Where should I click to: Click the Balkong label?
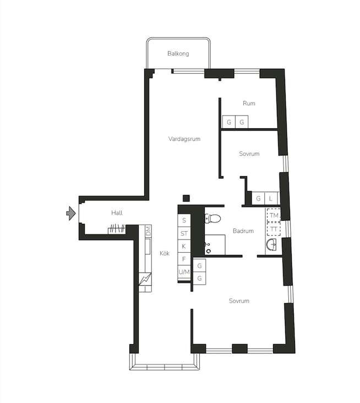point(178,53)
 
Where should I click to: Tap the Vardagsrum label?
point(184,139)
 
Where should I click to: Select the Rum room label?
point(249,104)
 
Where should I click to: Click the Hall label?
point(117,213)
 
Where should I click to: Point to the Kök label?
point(165,253)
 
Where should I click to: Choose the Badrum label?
point(243,231)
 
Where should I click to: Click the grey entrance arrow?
point(71,213)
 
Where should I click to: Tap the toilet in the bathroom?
point(213,219)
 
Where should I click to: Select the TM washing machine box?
point(274,215)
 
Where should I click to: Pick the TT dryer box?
point(274,228)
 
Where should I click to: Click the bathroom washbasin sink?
point(271,244)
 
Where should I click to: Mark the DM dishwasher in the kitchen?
point(148,231)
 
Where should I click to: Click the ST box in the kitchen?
point(184,233)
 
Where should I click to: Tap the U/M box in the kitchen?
point(184,272)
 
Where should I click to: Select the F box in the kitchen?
point(184,259)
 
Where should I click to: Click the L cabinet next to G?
point(271,198)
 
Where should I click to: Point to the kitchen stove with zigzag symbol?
point(145,279)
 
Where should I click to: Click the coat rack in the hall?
point(116,229)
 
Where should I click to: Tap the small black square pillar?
point(186,198)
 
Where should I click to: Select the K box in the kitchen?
point(184,246)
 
